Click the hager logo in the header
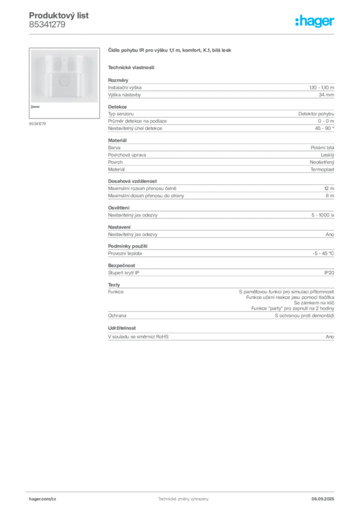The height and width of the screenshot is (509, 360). (315, 21)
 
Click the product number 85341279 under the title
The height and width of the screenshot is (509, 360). (47, 25)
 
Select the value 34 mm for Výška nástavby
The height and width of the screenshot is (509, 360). (326, 95)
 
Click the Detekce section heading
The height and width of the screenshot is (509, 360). (117, 107)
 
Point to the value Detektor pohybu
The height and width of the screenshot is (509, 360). (316, 114)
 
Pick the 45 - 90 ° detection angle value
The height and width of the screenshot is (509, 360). (324, 128)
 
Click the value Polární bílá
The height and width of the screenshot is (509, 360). (322, 148)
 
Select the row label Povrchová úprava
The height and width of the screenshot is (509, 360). (127, 155)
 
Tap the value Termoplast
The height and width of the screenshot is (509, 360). (322, 170)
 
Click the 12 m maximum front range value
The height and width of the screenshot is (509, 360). (329, 188)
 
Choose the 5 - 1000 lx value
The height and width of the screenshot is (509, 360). (323, 215)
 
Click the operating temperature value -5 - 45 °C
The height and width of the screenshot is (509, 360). (323, 254)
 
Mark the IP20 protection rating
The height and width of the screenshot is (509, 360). (329, 273)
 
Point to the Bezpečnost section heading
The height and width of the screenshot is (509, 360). (121, 265)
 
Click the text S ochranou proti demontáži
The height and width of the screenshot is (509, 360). (304, 316)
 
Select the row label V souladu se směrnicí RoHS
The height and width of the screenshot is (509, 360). (138, 337)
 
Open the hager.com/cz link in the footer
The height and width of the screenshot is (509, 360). (43, 499)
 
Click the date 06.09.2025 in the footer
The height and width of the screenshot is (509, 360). (323, 499)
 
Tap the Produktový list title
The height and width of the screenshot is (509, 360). (59, 15)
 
